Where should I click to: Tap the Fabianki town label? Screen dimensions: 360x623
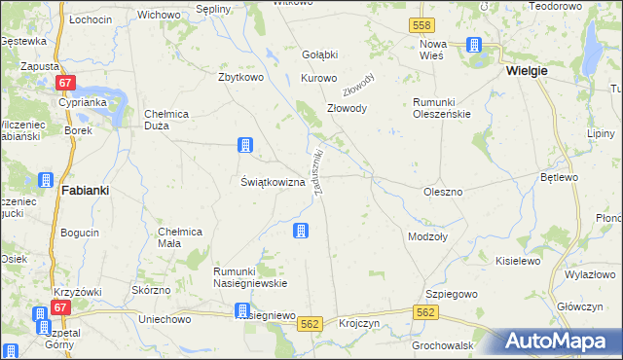[x=84, y=191]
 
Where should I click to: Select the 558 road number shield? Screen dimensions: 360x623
[x=421, y=23]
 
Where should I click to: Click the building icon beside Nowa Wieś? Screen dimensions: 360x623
[x=474, y=45]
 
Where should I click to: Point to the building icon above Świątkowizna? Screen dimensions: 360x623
[x=244, y=146]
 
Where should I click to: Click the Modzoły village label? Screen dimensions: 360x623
[x=427, y=236]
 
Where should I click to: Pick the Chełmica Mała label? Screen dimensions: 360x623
[x=179, y=236]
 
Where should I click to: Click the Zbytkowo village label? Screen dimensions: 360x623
[x=243, y=77]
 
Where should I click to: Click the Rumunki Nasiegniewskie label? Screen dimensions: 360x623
[x=250, y=276]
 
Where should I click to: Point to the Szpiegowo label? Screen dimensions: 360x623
[x=450, y=293]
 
